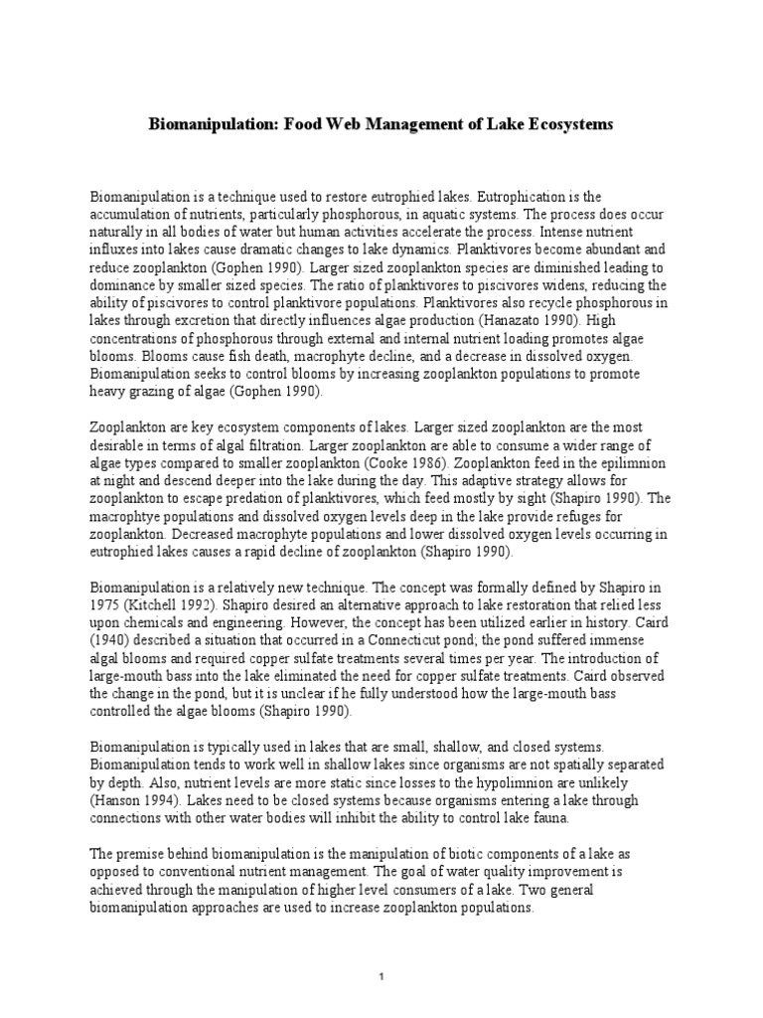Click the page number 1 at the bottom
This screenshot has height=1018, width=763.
tap(381, 976)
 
